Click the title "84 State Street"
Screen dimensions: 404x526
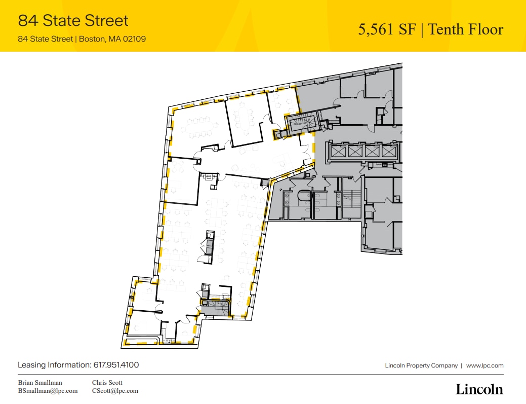73,21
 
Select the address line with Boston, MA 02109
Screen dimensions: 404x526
82,39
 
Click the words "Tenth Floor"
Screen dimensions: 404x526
466,29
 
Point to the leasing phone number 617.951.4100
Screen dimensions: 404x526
116,365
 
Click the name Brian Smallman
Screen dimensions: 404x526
40,383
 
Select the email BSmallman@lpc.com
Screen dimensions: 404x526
48,391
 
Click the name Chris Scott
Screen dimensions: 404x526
107,383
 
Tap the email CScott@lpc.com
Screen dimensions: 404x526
115,391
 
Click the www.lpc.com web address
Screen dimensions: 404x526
484,365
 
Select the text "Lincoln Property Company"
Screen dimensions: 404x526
421,365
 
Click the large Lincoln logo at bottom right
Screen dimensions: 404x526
479,389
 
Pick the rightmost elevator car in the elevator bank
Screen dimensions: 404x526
388,151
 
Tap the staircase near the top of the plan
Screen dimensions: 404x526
301,123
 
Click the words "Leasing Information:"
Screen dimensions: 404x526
54,365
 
